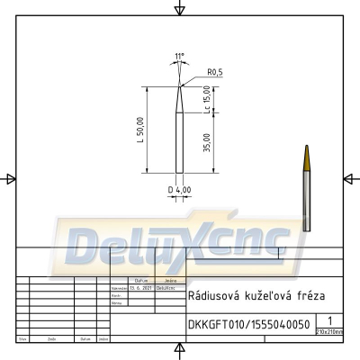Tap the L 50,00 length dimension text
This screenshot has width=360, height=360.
pos(140,130)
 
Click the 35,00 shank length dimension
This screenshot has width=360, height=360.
pos(207,143)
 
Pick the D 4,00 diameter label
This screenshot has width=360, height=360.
pos(179,190)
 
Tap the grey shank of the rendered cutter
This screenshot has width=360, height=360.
pos(306,202)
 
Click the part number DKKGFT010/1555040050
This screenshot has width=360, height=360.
pos(248,323)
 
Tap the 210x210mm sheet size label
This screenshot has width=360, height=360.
pos(330,331)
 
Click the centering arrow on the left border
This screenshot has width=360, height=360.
pos(10,179)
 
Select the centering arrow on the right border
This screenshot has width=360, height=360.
pos(350,179)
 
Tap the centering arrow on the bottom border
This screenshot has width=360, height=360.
pos(180,350)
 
